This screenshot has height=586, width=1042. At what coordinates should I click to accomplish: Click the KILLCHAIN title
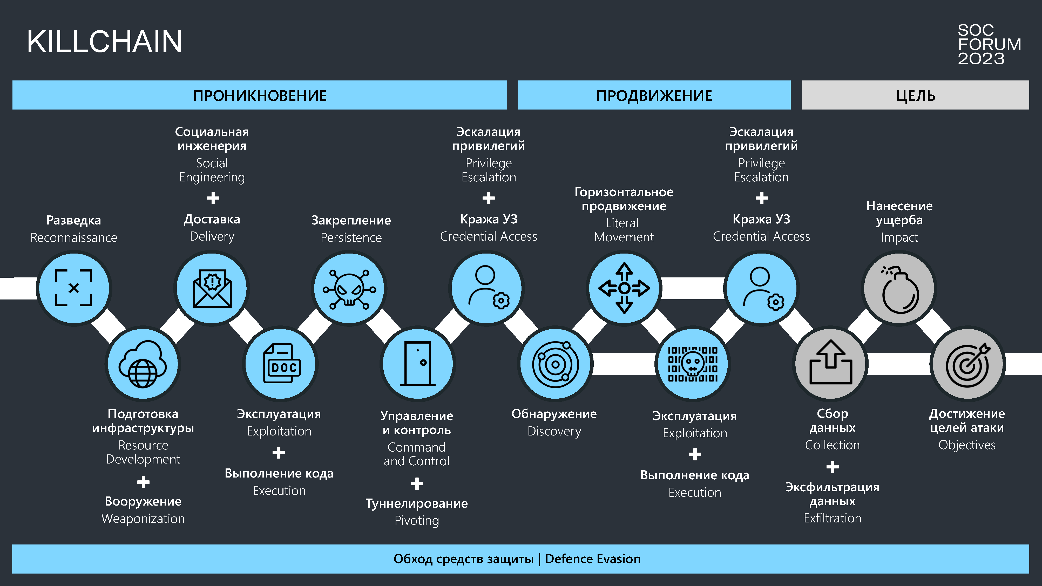[104, 42]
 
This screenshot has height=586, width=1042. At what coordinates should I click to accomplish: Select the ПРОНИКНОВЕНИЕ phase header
[259, 96]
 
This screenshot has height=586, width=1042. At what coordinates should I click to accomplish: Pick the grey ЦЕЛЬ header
[915, 96]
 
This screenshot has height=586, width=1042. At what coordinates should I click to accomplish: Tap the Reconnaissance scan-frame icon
[74, 288]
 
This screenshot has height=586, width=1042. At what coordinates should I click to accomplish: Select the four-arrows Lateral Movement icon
[624, 288]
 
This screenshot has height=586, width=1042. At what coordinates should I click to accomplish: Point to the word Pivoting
[417, 521]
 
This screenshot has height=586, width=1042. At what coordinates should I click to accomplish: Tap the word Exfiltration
[832, 518]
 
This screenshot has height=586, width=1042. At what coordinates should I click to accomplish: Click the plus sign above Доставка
[213, 198]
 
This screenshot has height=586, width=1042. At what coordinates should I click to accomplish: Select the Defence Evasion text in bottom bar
[593, 559]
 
